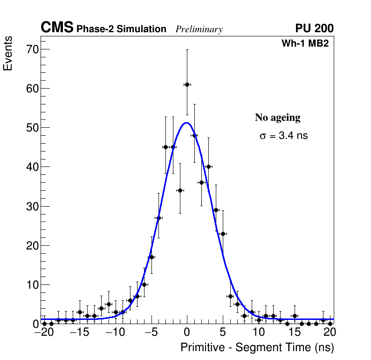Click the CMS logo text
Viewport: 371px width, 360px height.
(57, 28)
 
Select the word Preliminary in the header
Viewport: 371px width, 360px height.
(199, 29)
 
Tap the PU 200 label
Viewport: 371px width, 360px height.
(315, 28)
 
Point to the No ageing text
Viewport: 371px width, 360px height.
(277, 118)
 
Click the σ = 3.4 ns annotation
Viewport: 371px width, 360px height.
(284, 136)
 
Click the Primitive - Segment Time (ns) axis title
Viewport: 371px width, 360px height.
(257, 347)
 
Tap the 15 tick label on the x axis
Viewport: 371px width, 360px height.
(295, 332)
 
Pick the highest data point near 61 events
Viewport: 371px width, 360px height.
(187, 84)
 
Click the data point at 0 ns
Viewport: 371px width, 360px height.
(187, 84)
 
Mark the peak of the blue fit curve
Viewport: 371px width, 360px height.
(186, 123)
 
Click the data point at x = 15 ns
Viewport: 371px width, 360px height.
(295, 316)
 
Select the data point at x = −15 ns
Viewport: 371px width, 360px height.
(80, 312)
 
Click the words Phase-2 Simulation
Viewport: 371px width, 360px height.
(121, 29)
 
